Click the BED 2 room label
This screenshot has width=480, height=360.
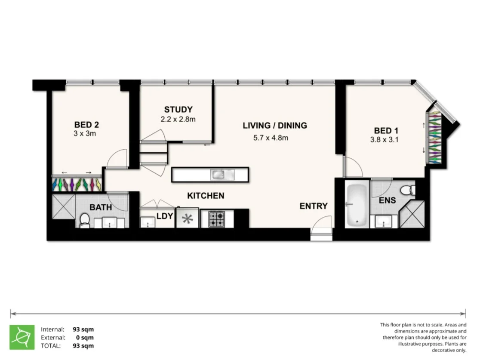(86, 125)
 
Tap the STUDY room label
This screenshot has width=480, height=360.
(178, 110)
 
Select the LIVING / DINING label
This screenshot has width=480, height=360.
(275, 126)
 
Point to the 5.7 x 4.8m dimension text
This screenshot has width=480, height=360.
(270, 138)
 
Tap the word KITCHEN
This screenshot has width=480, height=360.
(206, 196)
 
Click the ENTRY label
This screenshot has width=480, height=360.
(314, 206)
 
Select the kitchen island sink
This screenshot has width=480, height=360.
(222, 174)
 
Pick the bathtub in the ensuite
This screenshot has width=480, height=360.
(357, 204)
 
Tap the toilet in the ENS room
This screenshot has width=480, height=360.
(407, 189)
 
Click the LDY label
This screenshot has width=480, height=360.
(164, 216)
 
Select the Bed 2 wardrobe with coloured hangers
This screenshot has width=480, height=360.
(77, 184)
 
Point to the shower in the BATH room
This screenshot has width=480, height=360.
(63, 207)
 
